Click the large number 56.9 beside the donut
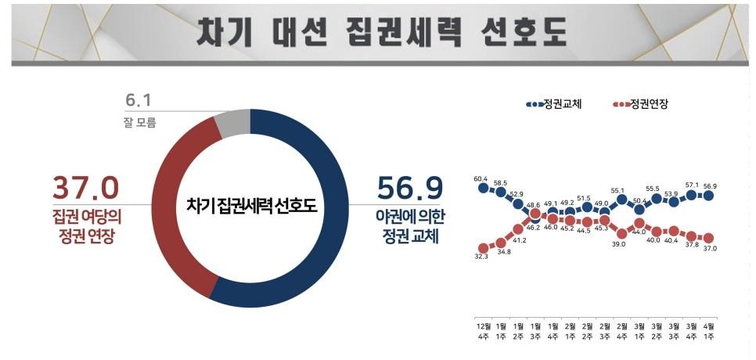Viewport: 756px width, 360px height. (409, 188)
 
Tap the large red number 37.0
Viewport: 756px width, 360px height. (85, 189)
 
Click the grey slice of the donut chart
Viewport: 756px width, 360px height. (232, 124)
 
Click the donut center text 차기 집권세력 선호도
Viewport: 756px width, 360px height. (250, 207)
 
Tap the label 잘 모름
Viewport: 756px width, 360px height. (139, 121)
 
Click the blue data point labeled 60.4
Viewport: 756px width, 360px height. (484, 189)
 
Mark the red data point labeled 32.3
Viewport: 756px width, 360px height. (484, 249)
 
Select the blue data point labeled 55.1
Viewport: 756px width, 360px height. (622, 200)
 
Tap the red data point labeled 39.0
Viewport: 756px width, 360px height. (622, 233)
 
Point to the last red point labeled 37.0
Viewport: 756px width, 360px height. (708, 238)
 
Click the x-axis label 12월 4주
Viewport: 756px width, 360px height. (484, 330)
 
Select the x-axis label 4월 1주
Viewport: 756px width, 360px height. (708, 330)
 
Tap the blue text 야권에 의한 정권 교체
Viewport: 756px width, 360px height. (410, 225)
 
